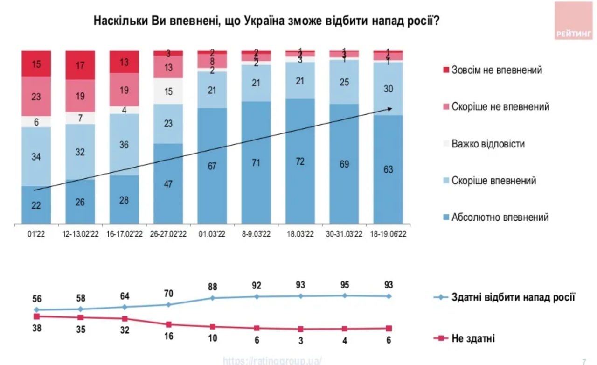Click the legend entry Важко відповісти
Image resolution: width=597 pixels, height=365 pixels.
pyautogui.click(x=488, y=144)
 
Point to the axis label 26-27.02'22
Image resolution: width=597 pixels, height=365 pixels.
pyautogui.click(x=168, y=235)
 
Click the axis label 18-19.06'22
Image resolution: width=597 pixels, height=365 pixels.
pyautogui.click(x=388, y=235)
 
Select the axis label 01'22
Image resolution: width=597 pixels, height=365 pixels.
pyautogui.click(x=36, y=235)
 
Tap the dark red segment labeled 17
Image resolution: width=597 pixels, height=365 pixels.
pyautogui.click(x=80, y=65)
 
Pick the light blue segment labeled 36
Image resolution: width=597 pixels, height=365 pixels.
pyautogui.click(x=124, y=145)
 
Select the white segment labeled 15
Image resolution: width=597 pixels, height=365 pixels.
pyautogui.click(x=168, y=91)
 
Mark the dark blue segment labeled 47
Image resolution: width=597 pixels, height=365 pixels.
pyautogui.click(x=168, y=184)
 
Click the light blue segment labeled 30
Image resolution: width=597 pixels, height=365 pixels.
pyautogui.click(x=388, y=89)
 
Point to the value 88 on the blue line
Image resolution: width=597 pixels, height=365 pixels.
pyautogui.click(x=213, y=287)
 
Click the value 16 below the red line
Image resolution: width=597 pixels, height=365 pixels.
pyautogui.click(x=168, y=336)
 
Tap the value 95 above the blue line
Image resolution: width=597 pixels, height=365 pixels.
pyautogui.click(x=345, y=284)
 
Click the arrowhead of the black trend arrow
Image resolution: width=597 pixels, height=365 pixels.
pyautogui.click(x=389, y=109)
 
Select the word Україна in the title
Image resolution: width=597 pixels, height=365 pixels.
pyautogui.click(x=264, y=21)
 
